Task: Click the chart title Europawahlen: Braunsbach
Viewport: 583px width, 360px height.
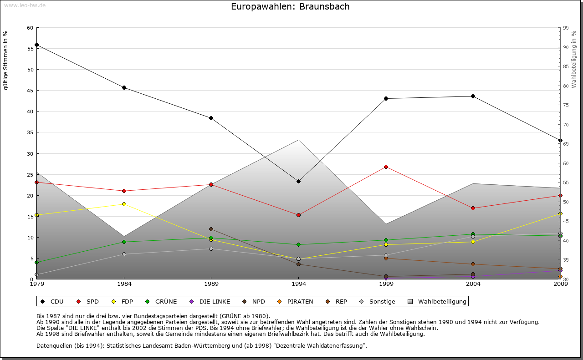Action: click(x=290, y=6)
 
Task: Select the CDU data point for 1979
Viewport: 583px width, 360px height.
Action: click(x=36, y=45)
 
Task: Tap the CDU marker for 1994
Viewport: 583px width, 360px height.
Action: click(x=298, y=182)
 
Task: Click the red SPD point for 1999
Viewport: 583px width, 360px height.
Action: click(x=386, y=167)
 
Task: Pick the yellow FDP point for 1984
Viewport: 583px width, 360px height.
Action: click(x=124, y=204)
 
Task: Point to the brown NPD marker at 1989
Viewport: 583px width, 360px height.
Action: click(x=211, y=229)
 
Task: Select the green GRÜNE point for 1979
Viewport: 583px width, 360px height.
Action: click(x=36, y=262)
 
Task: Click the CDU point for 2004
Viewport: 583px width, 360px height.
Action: click(x=473, y=96)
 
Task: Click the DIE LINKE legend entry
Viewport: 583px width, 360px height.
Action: click(x=210, y=301)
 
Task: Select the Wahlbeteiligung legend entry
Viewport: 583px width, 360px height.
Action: click(x=437, y=301)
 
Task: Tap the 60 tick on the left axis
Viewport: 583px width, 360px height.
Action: click(x=30, y=28)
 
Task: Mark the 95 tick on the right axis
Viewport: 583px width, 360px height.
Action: click(x=566, y=28)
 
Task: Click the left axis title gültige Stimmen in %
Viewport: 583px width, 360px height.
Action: click(x=6, y=60)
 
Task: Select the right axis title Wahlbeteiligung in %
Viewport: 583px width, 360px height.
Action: click(x=574, y=60)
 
